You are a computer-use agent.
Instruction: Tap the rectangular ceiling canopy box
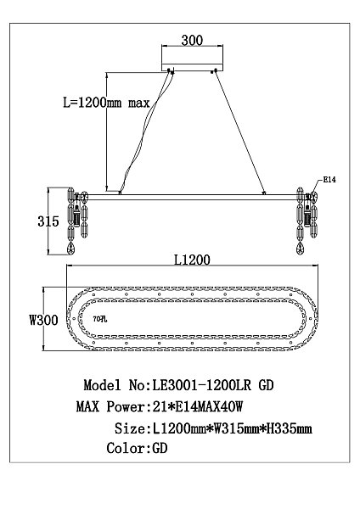tap(195, 59)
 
